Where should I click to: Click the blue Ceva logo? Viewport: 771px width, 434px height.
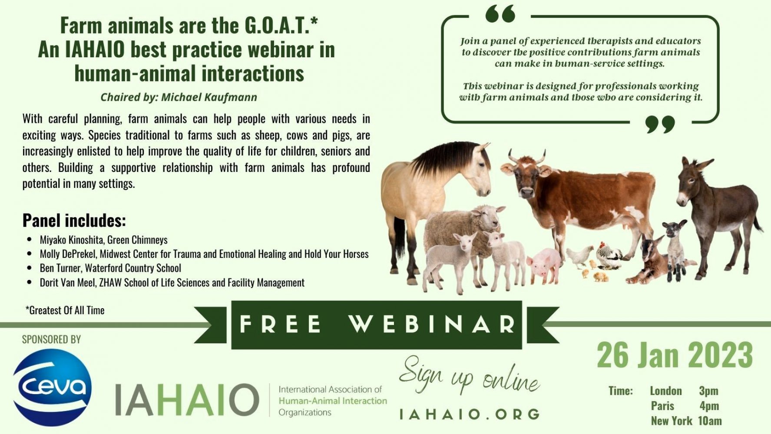pos(53,387)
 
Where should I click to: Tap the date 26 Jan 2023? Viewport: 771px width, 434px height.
pos(675,355)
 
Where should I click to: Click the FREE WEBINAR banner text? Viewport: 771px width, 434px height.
pos(377,324)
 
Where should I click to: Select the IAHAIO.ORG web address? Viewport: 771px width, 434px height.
pos(469,414)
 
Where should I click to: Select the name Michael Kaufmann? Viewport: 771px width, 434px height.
pos(209,97)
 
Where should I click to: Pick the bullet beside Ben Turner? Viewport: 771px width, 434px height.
pos(30,268)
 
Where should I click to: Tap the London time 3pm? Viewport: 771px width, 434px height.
pos(708,391)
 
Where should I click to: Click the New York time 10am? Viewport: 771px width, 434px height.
pos(710,421)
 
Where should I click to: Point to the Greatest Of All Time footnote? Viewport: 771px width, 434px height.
pos(65,310)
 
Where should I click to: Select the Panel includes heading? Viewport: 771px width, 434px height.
pos(74,220)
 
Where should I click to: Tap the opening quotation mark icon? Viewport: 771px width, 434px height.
pos(500,14)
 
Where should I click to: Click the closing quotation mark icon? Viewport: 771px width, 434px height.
pos(660,124)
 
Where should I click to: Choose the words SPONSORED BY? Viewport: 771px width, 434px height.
pos(51,339)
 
